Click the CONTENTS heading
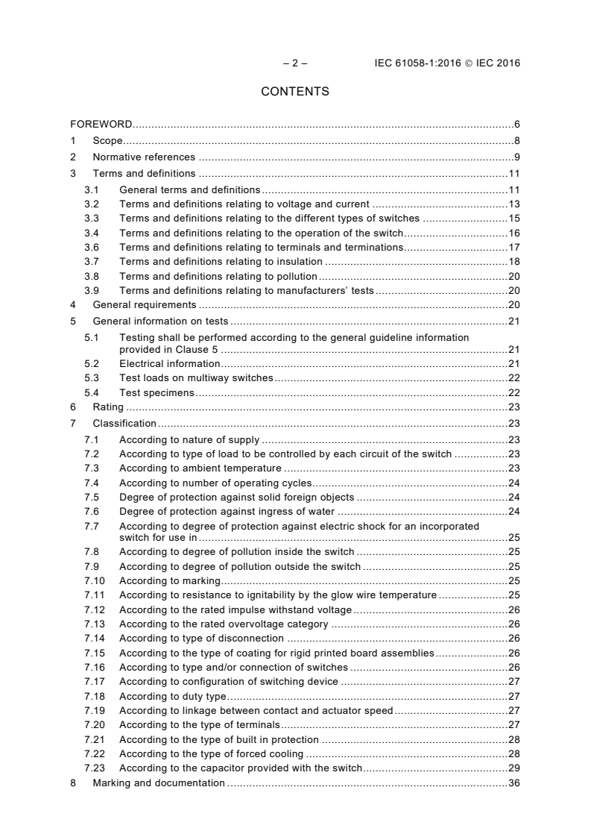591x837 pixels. (x=295, y=92)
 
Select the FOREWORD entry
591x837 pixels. (x=101, y=124)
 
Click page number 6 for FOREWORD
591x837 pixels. (x=516, y=124)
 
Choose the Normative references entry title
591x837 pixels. (x=144, y=157)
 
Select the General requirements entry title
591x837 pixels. (x=144, y=304)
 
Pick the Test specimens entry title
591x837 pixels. (x=157, y=392)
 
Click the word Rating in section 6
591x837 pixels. (x=108, y=407)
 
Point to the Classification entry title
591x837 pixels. (x=124, y=424)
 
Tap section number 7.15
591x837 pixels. (x=94, y=652)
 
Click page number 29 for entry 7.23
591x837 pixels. (x=513, y=768)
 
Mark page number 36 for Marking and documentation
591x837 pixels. (x=513, y=783)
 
